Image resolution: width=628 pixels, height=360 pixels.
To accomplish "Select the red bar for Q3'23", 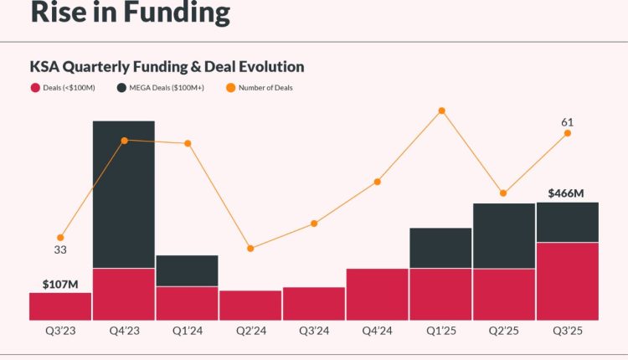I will click(60, 306).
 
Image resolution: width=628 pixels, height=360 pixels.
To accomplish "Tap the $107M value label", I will click(59, 283).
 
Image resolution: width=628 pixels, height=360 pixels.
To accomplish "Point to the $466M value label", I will click(566, 193).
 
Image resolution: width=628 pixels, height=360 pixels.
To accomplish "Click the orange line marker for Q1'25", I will click(441, 111).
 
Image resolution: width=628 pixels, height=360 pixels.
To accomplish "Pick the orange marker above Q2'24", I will click(250, 248).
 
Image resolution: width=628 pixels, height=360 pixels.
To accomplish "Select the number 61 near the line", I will click(567, 122).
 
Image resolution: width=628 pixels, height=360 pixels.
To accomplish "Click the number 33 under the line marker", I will click(60, 249).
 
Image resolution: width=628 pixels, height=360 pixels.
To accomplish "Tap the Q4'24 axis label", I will click(377, 332).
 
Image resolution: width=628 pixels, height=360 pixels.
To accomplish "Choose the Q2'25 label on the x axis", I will click(503, 332).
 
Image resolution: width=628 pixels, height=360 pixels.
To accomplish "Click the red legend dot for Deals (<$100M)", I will click(35, 87).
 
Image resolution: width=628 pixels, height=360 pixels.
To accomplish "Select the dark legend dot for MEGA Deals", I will click(122, 87).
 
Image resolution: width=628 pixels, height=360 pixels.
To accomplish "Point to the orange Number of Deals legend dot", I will click(230, 87).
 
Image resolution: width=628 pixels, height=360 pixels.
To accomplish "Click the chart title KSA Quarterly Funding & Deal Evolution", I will click(167, 66).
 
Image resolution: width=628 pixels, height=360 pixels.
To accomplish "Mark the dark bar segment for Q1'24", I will click(187, 270).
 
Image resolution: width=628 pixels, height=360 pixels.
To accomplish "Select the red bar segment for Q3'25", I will click(567, 280).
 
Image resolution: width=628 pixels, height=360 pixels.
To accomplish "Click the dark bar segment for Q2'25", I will click(503, 235).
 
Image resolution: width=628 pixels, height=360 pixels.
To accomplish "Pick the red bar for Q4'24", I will click(377, 294).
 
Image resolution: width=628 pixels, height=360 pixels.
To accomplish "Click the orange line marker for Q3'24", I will click(314, 224).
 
